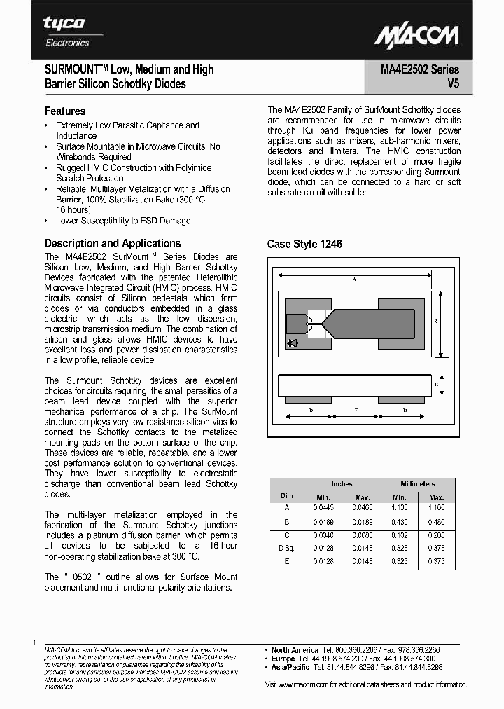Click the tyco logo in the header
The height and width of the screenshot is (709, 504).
coord(64,24)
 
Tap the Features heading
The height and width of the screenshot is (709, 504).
coord(65,111)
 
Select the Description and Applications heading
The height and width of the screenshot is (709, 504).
coord(113,244)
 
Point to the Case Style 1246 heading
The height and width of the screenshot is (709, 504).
coord(304,245)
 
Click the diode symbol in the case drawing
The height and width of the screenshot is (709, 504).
coord(292,343)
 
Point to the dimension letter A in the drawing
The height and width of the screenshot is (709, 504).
coord(355,280)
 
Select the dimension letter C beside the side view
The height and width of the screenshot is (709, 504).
coord(436,385)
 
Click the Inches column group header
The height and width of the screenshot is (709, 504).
coord(342,484)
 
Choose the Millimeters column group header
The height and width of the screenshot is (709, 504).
coord(418,484)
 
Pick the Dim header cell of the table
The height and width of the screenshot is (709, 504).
coord(286,495)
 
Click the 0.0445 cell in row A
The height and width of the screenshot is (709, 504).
coord(323,507)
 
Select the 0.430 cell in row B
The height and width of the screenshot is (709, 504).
coord(399,521)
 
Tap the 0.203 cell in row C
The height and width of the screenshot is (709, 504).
coord(436,535)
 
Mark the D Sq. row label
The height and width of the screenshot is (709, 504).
coord(286,548)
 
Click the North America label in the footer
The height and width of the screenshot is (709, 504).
coord(295,650)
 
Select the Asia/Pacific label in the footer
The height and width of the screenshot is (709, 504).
coord(292,668)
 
